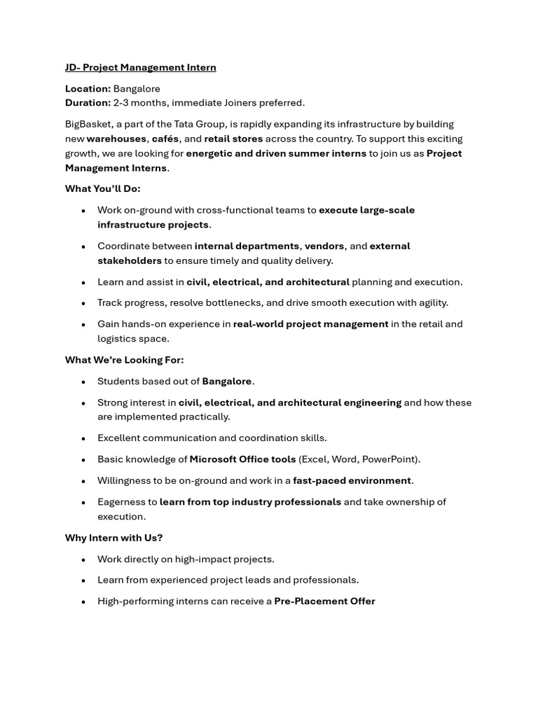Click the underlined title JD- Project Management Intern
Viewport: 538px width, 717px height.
(140, 67)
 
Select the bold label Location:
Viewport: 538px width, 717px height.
(88, 89)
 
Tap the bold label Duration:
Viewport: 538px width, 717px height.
(88, 103)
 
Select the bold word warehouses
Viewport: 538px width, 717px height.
(116, 139)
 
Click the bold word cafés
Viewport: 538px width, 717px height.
(165, 139)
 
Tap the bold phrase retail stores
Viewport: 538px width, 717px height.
(233, 139)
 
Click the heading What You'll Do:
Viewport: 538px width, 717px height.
(102, 188)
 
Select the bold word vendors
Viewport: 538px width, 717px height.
(324, 246)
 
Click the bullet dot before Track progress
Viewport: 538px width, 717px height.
(83, 303)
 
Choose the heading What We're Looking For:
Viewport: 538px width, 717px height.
(124, 360)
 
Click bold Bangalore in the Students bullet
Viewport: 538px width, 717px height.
(226, 382)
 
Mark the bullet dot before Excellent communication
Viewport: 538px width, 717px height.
(83, 438)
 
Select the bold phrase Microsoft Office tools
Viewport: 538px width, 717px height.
(242, 459)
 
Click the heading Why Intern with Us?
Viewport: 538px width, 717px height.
(113, 538)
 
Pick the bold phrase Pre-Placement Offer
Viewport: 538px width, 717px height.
(324, 601)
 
